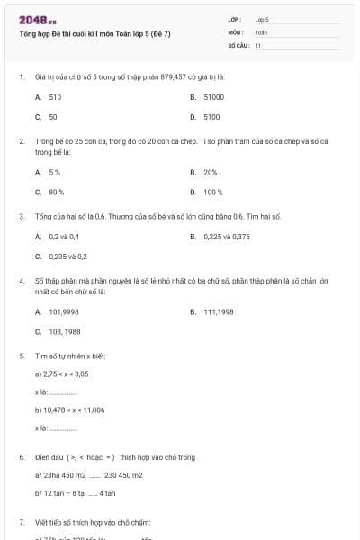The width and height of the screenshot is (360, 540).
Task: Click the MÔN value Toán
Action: pyautogui.click(x=261, y=31)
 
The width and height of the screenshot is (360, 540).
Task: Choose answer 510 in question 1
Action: pyautogui.click(x=55, y=95)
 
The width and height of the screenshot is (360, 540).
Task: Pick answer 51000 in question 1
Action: pyautogui.click(x=213, y=95)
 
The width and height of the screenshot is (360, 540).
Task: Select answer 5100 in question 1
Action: pyautogui.click(x=211, y=117)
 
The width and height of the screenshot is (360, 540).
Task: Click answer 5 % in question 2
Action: pyautogui.click(x=55, y=171)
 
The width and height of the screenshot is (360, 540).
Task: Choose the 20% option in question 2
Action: pyautogui.click(x=211, y=171)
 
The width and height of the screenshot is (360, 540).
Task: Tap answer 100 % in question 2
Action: pyautogui.click(x=213, y=192)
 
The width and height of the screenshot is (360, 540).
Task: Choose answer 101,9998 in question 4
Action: pyautogui.click(x=64, y=311)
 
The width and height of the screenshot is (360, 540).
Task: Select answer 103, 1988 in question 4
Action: pyautogui.click(x=65, y=332)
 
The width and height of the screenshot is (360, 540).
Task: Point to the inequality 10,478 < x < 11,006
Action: pyautogui.click(x=74, y=409)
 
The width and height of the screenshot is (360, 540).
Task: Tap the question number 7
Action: pyautogui.click(x=22, y=522)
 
